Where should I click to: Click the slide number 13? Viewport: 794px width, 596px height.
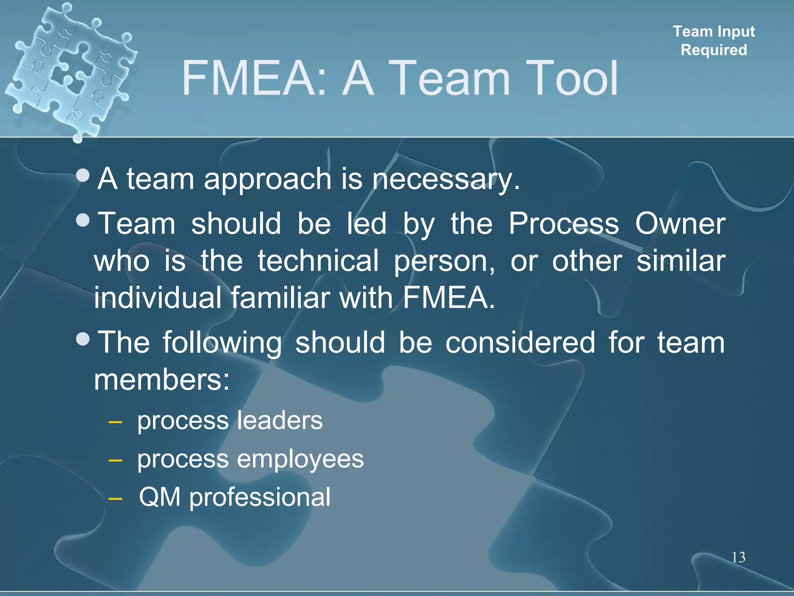pos(739,557)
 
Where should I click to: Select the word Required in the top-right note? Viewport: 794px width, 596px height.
pos(714,50)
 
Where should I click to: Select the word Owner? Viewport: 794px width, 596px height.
pos(680,224)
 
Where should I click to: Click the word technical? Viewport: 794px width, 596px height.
pos(318,261)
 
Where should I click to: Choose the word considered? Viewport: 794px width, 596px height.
pos(520,343)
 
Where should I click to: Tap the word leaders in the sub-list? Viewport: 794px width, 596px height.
pos(279,421)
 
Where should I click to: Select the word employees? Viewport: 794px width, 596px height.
pos(300,459)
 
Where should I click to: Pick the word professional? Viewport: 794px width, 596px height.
pos(260,497)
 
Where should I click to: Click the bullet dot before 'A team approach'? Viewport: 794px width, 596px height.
pos(83,176)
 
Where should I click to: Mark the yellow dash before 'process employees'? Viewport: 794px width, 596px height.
pos(116,461)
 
